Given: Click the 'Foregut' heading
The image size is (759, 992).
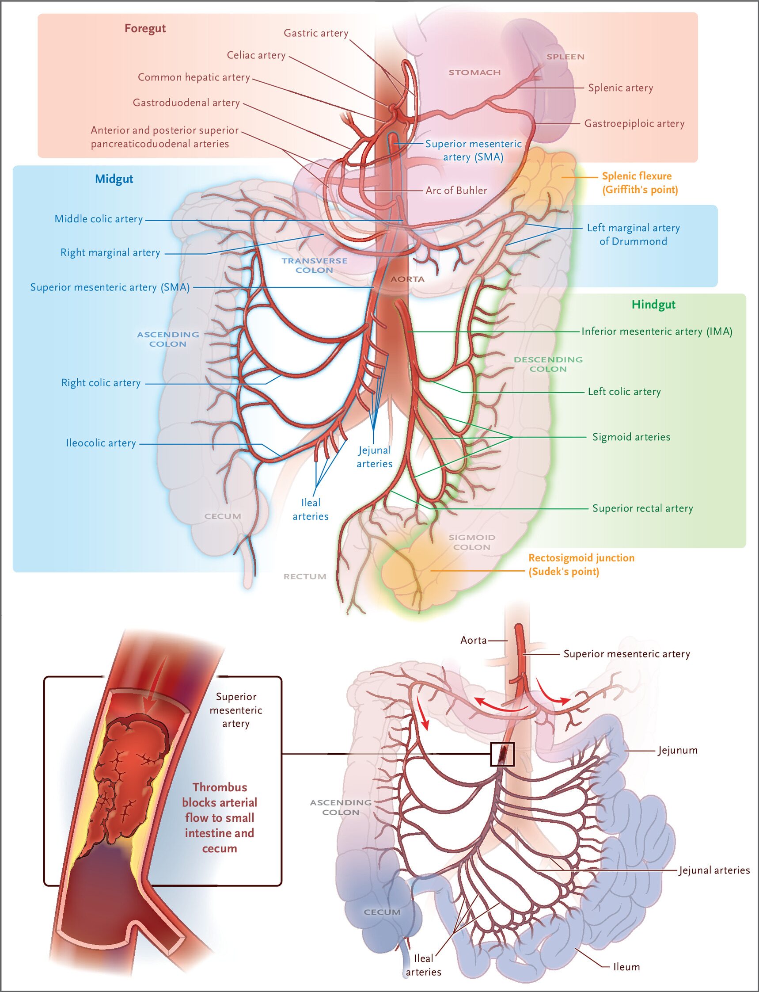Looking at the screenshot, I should point(145,28).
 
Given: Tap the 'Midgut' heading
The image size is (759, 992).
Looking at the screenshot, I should point(114,179).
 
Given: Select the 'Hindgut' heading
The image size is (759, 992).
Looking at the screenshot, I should point(653,305).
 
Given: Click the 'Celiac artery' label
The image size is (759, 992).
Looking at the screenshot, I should point(256,55).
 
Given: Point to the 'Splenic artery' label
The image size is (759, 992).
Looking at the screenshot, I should point(620,88).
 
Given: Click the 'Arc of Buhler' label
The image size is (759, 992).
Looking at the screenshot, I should point(456,190).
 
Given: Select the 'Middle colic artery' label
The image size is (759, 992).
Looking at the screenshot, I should point(99,219).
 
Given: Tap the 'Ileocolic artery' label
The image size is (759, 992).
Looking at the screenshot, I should point(101,443).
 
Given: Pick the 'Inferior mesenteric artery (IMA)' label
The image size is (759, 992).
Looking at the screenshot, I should point(657,331).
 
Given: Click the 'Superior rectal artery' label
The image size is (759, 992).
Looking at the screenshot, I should point(642,508).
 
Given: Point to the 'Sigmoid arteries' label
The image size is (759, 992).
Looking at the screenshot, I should point(631,437).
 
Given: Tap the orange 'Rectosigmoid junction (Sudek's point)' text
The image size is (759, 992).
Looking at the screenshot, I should point(581,565).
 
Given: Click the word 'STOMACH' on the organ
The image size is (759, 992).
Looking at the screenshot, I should point(474,72).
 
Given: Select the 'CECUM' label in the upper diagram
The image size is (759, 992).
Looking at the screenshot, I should point(223,516).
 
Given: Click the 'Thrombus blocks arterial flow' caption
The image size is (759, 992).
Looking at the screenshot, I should point(220,817).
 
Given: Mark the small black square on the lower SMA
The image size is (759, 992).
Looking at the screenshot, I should point(502,754).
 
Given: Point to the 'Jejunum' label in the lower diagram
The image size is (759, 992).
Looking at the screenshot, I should point(677,750).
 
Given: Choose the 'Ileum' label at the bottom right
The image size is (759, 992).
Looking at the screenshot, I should point(626,967).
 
